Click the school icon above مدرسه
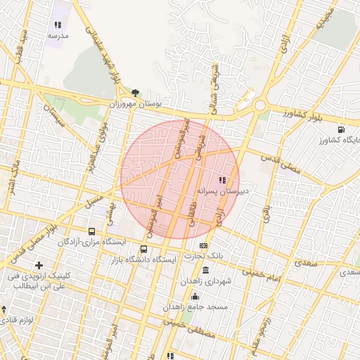tap(58, 25)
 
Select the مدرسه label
tap(58, 34)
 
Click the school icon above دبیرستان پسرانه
tap(223, 180)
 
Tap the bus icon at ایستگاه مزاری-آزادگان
tap(92, 231)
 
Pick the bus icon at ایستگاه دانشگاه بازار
tap(144, 249)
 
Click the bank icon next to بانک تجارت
tap(204, 245)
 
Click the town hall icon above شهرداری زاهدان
tap(205, 271)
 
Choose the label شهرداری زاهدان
tap(205, 281)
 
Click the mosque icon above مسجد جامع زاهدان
tap(194, 297)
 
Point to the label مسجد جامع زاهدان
tap(194, 307)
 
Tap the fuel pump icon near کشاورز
tap(341, 129)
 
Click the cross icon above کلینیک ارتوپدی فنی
tap(39, 264)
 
